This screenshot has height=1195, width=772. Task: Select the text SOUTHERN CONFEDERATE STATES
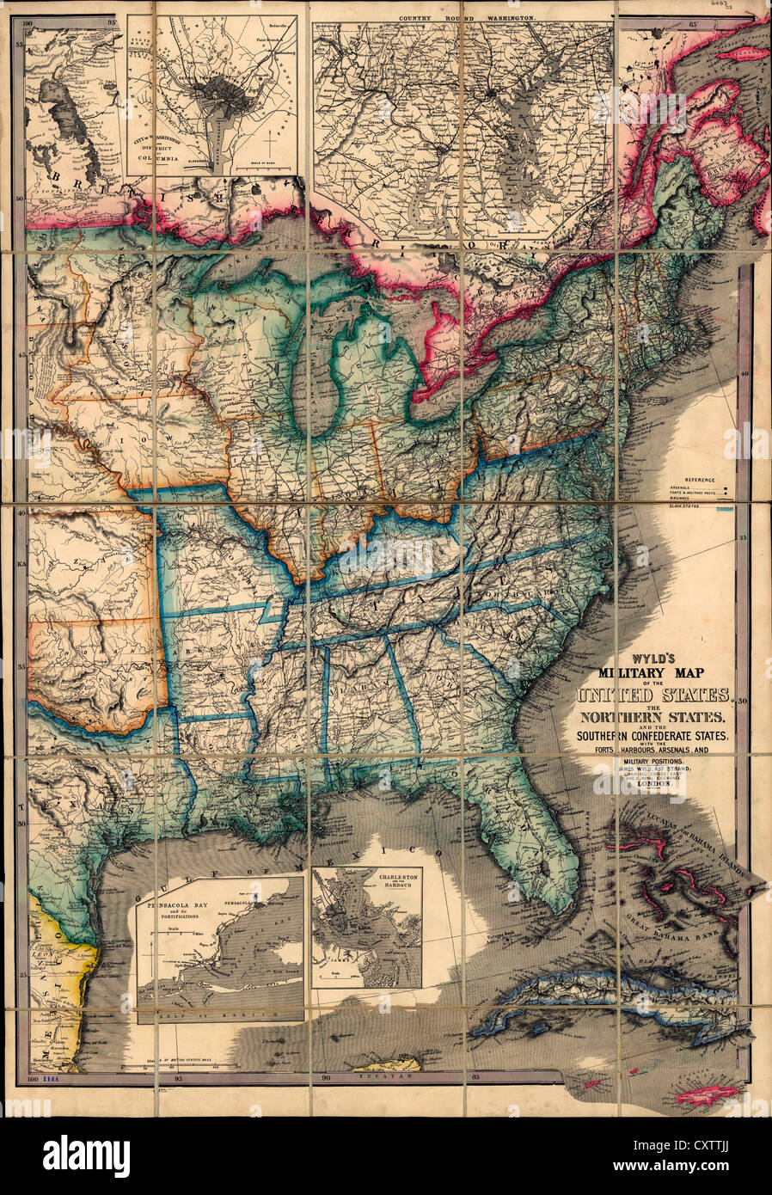(653, 735)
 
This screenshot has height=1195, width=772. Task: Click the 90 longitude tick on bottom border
(326, 1077)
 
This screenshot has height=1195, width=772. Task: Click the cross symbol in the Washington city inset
(272, 140)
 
